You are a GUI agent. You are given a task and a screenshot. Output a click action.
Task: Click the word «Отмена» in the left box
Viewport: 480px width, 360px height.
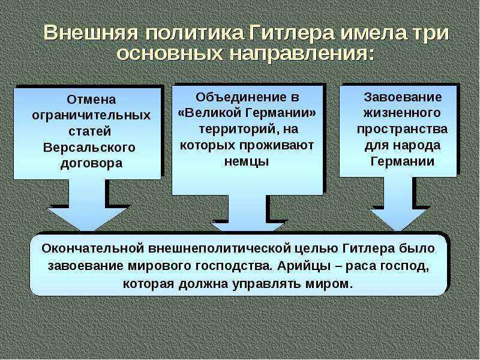(92, 100)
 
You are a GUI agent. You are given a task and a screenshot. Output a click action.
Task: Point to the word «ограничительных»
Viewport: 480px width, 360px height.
(91, 116)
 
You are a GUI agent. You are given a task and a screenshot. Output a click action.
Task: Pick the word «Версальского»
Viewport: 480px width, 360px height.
(89, 148)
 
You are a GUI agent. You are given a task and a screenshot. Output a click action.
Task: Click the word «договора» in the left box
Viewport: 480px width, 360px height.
(92, 163)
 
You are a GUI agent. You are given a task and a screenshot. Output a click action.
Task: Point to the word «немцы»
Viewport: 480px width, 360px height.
(247, 161)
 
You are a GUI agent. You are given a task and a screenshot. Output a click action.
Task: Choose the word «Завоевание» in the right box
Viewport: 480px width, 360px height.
(403, 97)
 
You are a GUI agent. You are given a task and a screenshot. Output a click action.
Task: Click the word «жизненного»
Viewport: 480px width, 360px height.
(402, 113)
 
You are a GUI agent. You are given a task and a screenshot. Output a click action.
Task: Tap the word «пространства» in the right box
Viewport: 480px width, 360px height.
(402, 129)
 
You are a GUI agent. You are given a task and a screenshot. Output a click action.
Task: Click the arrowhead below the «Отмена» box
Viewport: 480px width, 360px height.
(87, 218)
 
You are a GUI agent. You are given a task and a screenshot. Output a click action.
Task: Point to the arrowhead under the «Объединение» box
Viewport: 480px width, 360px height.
(247, 227)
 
